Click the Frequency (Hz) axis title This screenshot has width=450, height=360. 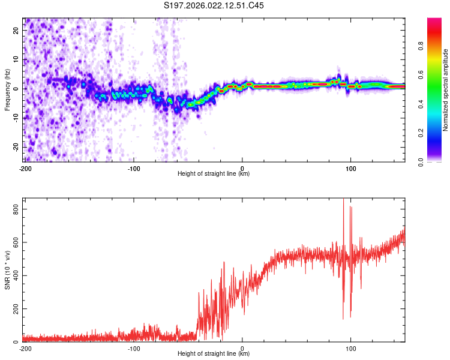(7, 89)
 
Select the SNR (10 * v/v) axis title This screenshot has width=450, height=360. (7, 270)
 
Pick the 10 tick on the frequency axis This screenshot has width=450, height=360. (17, 60)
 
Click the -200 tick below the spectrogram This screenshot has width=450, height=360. (25, 169)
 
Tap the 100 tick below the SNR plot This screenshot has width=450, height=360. (350, 349)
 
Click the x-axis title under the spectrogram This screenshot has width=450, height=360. (214, 174)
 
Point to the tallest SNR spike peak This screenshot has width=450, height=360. (343, 199)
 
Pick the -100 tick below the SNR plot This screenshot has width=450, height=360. (133, 349)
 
